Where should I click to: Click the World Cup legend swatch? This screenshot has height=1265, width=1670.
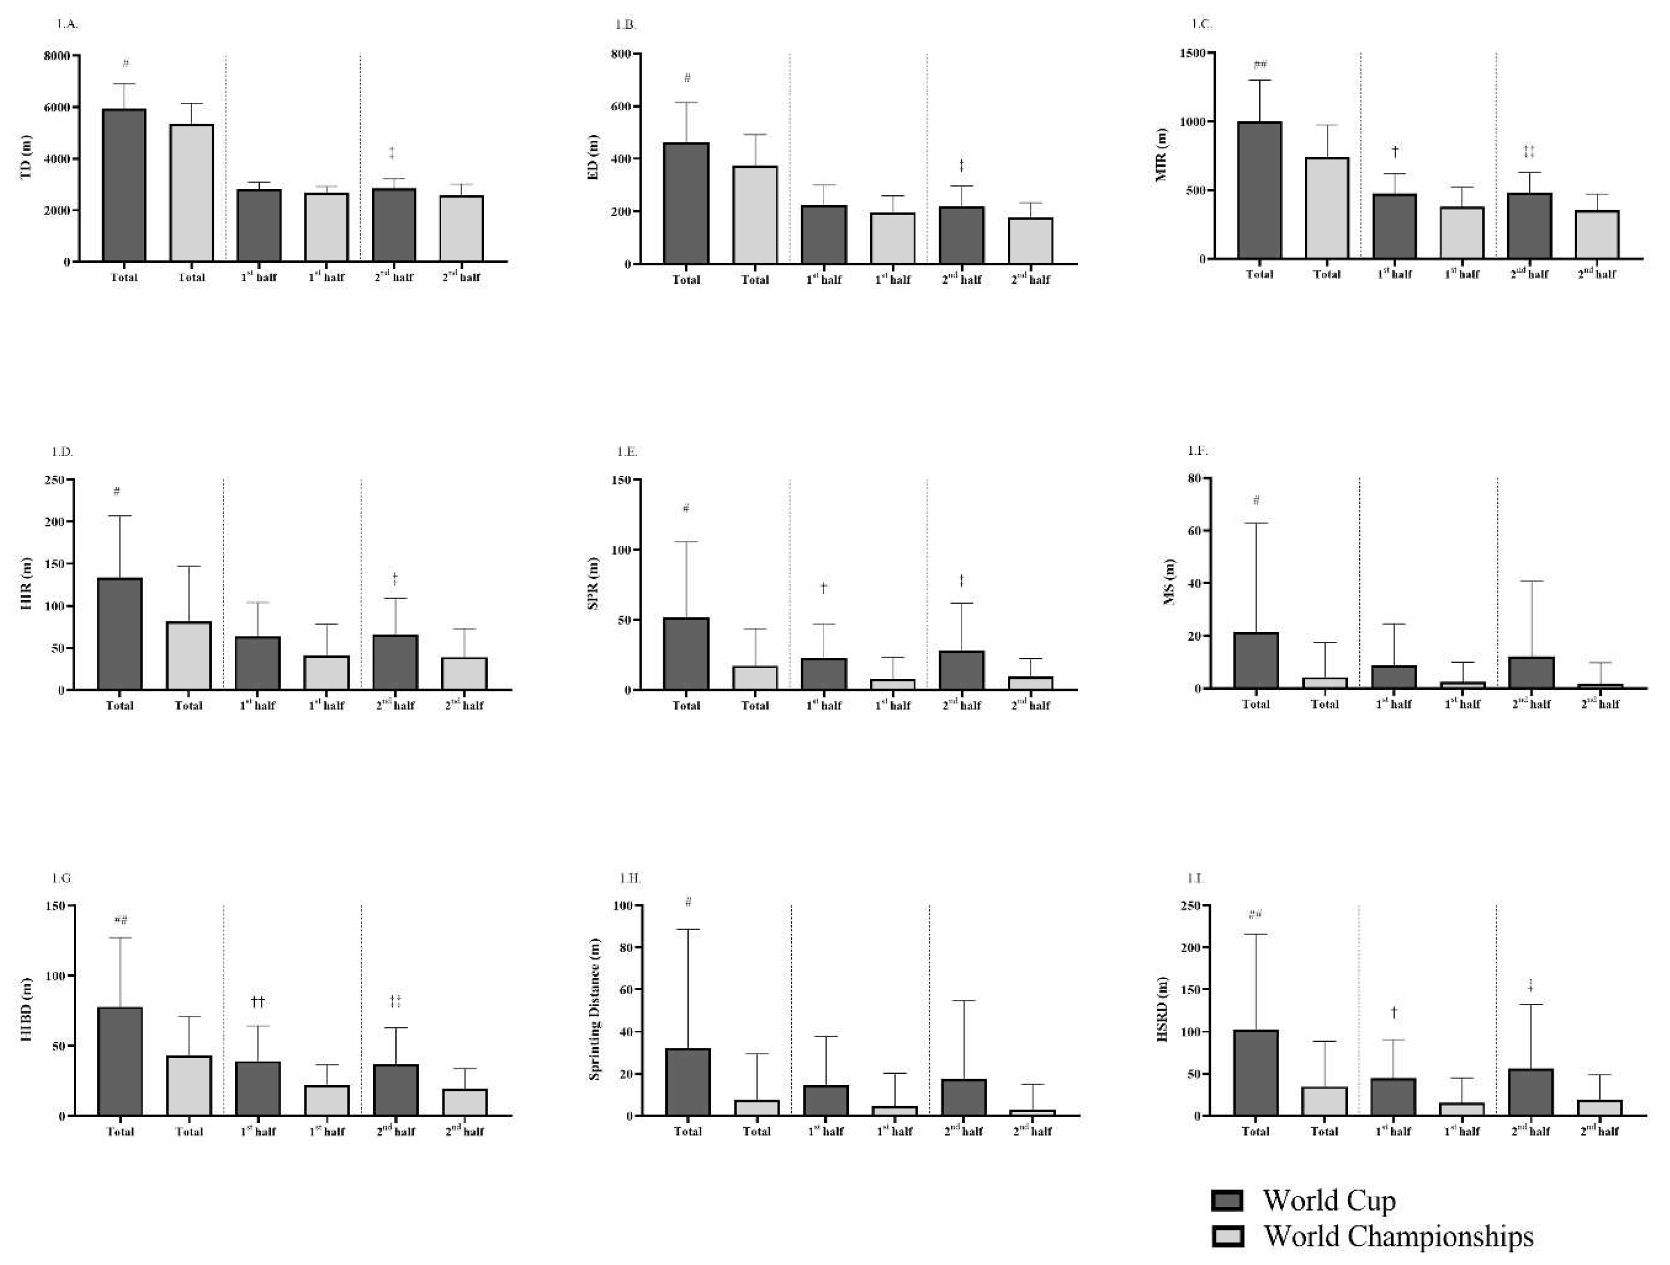(1227, 1201)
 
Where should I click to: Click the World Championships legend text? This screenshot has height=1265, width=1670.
(1398, 1236)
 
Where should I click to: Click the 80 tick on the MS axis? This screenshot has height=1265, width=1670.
(1193, 478)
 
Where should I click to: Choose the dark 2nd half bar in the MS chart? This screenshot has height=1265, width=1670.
(1532, 672)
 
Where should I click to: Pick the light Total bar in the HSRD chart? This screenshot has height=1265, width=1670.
(1324, 1101)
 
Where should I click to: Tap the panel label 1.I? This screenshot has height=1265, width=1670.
(1194, 878)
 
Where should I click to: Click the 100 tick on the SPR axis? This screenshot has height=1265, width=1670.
(621, 550)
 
